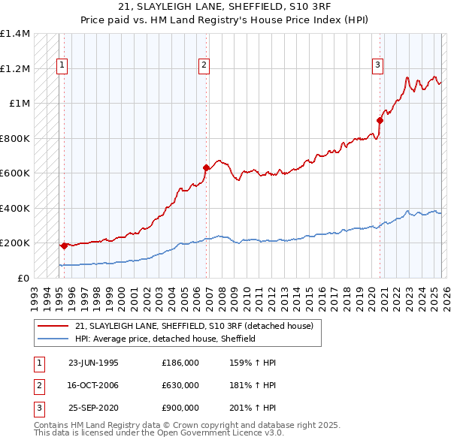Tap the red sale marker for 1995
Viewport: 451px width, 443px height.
point(65,246)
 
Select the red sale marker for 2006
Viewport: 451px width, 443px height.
point(206,168)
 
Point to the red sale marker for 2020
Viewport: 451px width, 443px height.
point(380,120)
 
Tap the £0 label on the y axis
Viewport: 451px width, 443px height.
point(23,278)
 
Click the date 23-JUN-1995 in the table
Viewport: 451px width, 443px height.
point(93,363)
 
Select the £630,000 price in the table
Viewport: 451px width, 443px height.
point(180,385)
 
